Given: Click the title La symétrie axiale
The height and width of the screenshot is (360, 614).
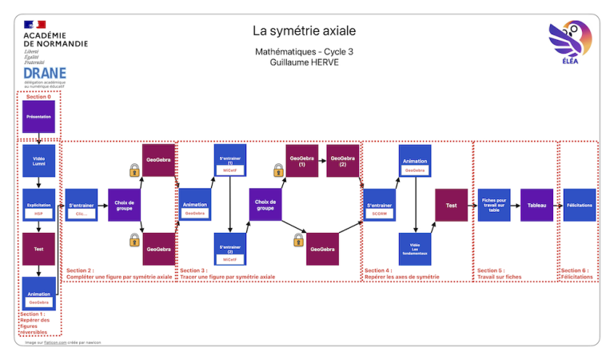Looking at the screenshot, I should (x=304, y=31).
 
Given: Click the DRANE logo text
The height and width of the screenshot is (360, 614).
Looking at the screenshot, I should (x=45, y=73).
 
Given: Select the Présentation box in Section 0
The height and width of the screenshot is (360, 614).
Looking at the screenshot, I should (x=38, y=117).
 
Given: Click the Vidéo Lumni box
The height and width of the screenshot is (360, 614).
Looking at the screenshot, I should (x=38, y=160).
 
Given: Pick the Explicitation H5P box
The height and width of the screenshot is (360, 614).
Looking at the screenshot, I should (x=38, y=206).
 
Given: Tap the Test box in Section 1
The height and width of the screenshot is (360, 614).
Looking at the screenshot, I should (x=38, y=249).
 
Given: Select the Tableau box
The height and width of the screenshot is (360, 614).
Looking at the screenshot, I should (x=536, y=206).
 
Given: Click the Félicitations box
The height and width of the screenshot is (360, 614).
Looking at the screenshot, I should (x=579, y=206).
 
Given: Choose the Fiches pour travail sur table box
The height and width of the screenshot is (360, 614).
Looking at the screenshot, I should (x=494, y=206).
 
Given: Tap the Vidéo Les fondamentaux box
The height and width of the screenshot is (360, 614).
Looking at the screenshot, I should (x=415, y=249).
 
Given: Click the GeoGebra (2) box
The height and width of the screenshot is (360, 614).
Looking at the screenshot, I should (x=342, y=160).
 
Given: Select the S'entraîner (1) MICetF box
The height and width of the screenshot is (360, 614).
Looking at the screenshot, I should (x=229, y=160).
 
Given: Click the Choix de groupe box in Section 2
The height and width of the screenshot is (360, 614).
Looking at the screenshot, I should (x=125, y=206).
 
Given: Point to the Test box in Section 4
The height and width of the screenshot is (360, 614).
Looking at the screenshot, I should (x=451, y=206).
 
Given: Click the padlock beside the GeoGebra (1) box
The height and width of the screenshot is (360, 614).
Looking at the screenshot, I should (x=278, y=170).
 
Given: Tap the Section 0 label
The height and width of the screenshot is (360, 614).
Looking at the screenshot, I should (x=38, y=97).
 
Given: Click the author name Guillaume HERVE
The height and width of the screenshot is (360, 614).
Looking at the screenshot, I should (x=304, y=62).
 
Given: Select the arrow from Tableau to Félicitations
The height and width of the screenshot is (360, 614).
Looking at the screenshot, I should (x=558, y=206).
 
